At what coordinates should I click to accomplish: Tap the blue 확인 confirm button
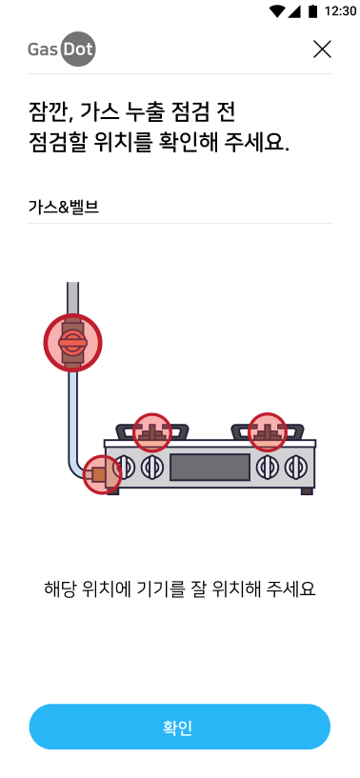coord(180,727)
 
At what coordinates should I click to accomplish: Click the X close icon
coord(322,50)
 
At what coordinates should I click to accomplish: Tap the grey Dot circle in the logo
coord(78,50)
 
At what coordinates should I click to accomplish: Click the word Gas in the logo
coord(43,50)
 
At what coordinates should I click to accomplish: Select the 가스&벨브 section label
coord(64,207)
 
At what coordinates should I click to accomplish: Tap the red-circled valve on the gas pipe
coord(72,343)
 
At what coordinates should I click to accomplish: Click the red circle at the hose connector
coord(102,475)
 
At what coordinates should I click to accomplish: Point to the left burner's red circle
coord(152,432)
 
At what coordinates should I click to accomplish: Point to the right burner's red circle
coord(268,431)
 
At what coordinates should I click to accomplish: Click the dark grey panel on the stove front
coord(210,468)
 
